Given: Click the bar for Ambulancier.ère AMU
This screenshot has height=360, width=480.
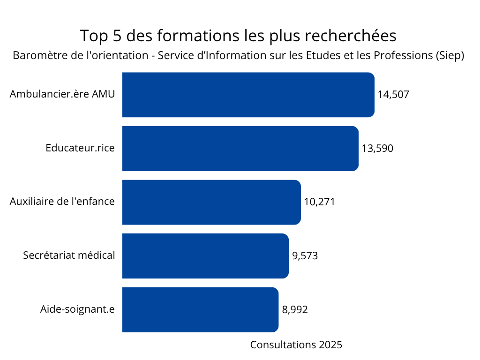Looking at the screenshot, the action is tap(248, 95).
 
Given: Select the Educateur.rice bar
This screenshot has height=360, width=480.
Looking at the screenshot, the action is tap(240, 149).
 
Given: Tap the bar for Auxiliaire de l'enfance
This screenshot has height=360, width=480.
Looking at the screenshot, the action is tap(211, 202).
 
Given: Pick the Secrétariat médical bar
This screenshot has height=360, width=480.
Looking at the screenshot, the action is tap(205, 256).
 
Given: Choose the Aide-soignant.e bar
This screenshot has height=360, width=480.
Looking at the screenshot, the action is tap(201, 310).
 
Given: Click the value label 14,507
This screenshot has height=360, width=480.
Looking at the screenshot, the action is tap(393, 95).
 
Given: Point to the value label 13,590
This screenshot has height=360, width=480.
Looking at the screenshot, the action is tap(377, 149).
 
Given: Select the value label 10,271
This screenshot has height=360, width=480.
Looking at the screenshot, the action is tap(319, 202).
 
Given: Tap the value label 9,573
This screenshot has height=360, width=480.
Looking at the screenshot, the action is tap(305, 256).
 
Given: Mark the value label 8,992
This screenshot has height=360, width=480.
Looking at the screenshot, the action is tap(295, 310).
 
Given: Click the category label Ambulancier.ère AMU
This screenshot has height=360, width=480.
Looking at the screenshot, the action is tap(62, 94).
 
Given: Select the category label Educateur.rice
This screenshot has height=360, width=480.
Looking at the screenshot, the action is tap(80, 148).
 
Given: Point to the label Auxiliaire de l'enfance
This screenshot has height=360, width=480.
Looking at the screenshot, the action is tap(62, 202).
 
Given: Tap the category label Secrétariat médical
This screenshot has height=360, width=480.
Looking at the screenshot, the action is tap(69, 255).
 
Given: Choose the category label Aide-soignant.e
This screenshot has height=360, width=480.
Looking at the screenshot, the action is tap(77, 309).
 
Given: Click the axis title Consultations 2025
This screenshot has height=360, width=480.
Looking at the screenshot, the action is tap(296, 345).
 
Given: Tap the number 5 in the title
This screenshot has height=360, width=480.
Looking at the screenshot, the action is tap(117, 36).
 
